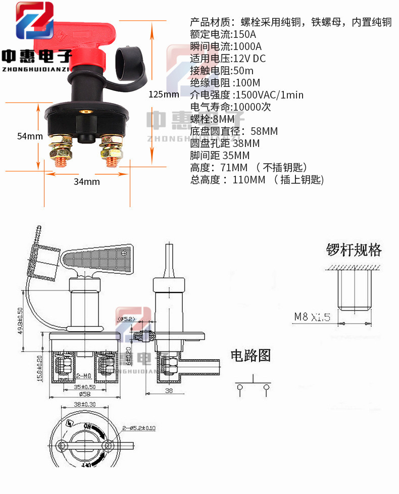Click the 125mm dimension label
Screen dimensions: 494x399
click(164, 94)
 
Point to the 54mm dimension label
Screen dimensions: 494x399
click(29, 136)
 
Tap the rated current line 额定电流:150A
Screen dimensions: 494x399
click(223, 34)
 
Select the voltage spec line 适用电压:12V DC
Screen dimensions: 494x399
click(228, 59)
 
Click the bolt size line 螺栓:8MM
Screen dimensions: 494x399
click(213, 119)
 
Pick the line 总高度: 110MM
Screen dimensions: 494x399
click(257, 180)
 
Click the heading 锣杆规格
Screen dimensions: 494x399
click(353, 250)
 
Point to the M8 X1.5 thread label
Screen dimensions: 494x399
click(312, 317)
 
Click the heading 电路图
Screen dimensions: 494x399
click(251, 355)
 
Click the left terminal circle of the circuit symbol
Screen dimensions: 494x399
click(239, 387)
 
